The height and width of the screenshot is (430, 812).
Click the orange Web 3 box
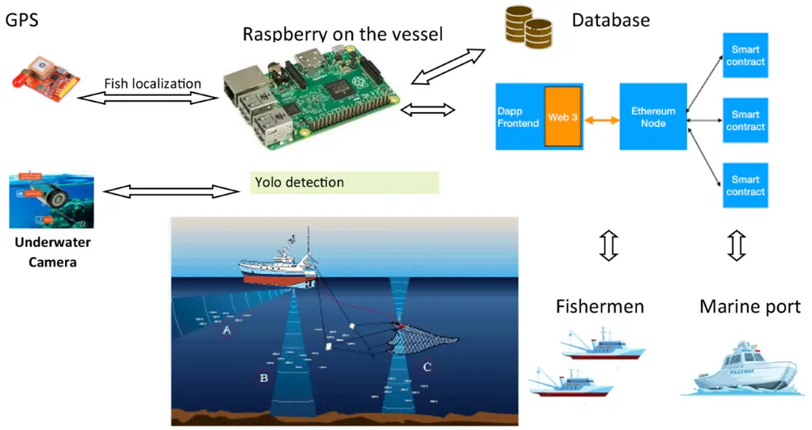(x=563, y=117)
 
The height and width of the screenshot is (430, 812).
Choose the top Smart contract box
(x=745, y=56)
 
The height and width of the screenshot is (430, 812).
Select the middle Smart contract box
(x=745, y=121)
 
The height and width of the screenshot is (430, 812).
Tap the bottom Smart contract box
(x=745, y=185)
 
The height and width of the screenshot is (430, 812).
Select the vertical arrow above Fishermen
(x=608, y=244)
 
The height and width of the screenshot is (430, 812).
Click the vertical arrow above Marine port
(x=737, y=244)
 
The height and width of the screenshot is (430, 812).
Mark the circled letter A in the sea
(x=227, y=330)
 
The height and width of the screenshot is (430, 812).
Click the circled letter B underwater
(x=263, y=378)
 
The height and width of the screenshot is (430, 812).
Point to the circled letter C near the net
(x=427, y=367)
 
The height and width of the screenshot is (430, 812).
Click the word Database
(x=611, y=21)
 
